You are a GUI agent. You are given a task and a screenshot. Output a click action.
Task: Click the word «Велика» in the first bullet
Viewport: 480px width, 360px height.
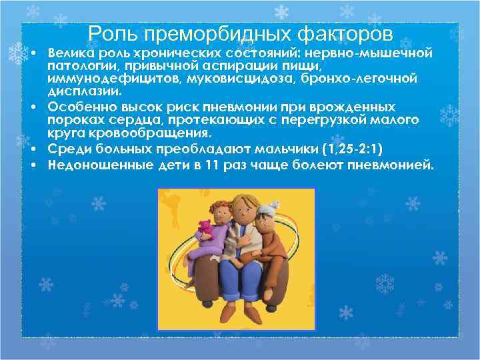point(69,53)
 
